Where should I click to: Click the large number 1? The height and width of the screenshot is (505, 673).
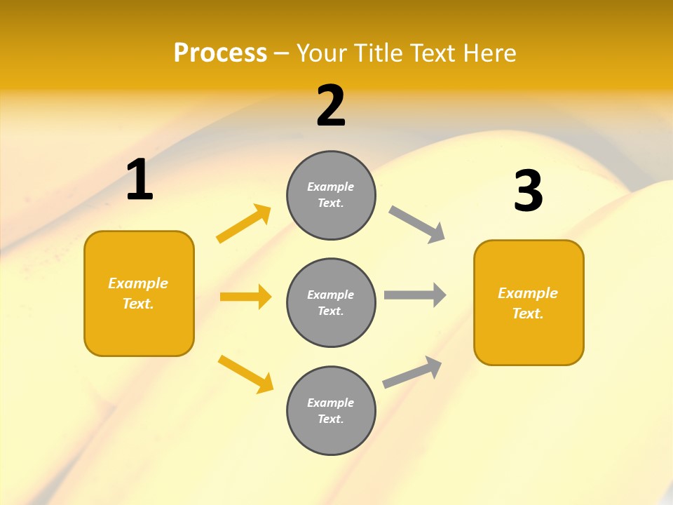point(140,180)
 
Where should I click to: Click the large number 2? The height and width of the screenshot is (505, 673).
point(331,106)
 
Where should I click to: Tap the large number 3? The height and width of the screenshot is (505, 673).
point(528,191)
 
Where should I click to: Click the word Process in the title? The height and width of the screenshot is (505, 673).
point(220,53)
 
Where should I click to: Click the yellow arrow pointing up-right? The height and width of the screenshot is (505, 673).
point(244,224)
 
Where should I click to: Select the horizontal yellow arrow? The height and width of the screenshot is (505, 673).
point(245,297)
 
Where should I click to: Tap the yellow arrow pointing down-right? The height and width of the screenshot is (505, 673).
point(245,374)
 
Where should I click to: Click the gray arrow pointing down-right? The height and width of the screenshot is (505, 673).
point(417,224)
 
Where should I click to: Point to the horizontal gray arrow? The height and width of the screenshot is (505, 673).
point(415,295)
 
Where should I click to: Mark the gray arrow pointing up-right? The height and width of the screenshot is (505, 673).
point(412,372)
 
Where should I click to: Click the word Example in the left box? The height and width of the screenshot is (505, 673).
point(138,283)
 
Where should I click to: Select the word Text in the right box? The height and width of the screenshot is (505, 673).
point(526,314)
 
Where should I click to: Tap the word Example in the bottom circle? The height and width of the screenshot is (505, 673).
point(330,403)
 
